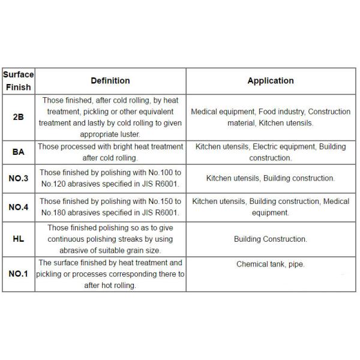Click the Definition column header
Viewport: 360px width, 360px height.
[110, 80]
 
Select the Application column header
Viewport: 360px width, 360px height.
[271, 80]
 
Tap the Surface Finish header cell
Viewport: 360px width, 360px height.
[18, 80]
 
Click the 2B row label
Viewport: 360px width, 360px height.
[18, 117]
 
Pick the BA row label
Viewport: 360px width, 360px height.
[18, 152]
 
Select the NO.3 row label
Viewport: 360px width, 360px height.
[18, 178]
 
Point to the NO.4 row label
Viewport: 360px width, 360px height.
[18, 207]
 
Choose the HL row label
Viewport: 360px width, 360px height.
[18, 239]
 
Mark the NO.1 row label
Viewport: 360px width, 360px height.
[18, 274]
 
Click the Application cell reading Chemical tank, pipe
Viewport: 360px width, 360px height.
[271, 264]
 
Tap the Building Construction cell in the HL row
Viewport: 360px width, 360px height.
[271, 239]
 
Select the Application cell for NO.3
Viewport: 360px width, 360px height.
[271, 178]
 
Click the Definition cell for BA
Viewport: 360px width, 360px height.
[110, 152]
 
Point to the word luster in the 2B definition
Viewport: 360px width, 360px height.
[128, 134]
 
